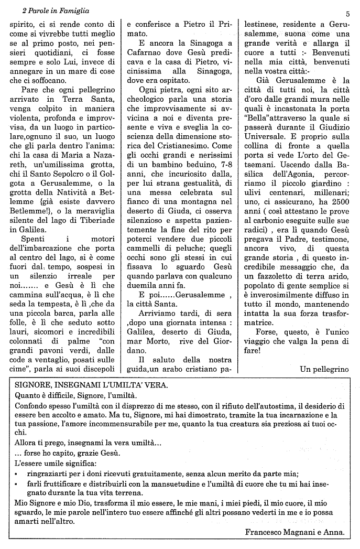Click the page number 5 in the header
[x=347, y=14]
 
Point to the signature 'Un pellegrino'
[x=324, y=369]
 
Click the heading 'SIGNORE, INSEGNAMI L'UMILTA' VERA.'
[x=92, y=384]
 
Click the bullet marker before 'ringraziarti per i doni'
[x=17, y=473]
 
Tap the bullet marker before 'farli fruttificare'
[x=17, y=484]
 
